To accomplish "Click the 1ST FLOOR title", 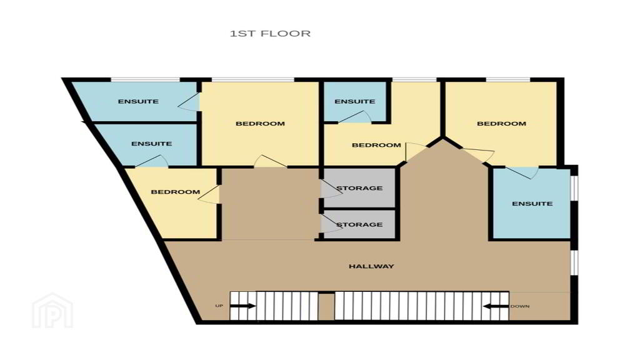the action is pyautogui.click(x=270, y=34).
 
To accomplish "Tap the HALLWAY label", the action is pyautogui.click(x=371, y=266).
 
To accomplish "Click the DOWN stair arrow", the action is pyautogui.click(x=496, y=306).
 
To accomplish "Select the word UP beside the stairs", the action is pyautogui.click(x=219, y=306).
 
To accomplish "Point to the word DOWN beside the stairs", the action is pyautogui.click(x=520, y=306).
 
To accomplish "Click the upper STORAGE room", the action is pyautogui.click(x=359, y=188).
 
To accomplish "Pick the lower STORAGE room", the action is pyautogui.click(x=359, y=224).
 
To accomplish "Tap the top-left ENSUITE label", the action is pyautogui.click(x=138, y=101).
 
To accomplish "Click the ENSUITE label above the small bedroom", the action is pyautogui.click(x=151, y=144).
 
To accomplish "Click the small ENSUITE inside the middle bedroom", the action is pyautogui.click(x=355, y=101).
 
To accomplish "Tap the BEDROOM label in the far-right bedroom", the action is pyautogui.click(x=502, y=124).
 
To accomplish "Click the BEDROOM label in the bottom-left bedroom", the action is pyautogui.click(x=176, y=192).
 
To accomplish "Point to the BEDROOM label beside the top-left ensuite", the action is pyautogui.click(x=261, y=124).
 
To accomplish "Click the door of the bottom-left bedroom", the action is pyautogui.click(x=209, y=194).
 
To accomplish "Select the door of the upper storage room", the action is pyautogui.click(x=331, y=189).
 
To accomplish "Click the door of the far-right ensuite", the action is pyautogui.click(x=521, y=172).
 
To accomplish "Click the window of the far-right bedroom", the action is pyautogui.click(x=508, y=79).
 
